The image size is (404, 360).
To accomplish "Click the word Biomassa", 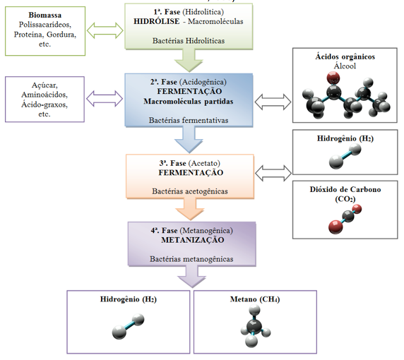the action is [44, 15].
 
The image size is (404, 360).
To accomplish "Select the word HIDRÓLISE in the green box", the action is [156, 21].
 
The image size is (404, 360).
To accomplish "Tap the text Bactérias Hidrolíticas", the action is [189, 41].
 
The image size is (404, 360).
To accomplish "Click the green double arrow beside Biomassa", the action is [105, 30].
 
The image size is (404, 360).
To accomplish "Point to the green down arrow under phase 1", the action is [189, 61].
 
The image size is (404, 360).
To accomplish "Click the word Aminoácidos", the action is [44, 95].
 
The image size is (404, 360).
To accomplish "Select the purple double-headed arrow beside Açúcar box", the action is [105, 98].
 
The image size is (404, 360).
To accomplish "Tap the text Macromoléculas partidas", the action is [189, 101].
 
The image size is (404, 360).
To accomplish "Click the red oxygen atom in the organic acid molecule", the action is [333, 78].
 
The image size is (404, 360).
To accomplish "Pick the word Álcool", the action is [345, 66].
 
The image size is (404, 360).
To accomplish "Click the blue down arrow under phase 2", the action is [189, 140].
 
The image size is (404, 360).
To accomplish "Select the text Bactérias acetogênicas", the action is [190, 191].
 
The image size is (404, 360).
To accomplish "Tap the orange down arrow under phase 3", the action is [190, 209].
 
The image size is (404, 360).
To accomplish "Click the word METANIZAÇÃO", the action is [193, 240].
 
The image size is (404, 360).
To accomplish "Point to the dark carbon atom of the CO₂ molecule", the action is [348, 216].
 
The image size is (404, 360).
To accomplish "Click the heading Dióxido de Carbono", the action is [345, 189].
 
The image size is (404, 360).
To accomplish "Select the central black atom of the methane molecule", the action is [254, 327].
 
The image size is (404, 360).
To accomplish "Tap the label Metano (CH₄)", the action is [255, 299].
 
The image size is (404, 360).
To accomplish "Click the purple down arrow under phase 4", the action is [191, 277].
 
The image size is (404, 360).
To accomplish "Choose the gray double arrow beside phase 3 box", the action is [273, 173].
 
